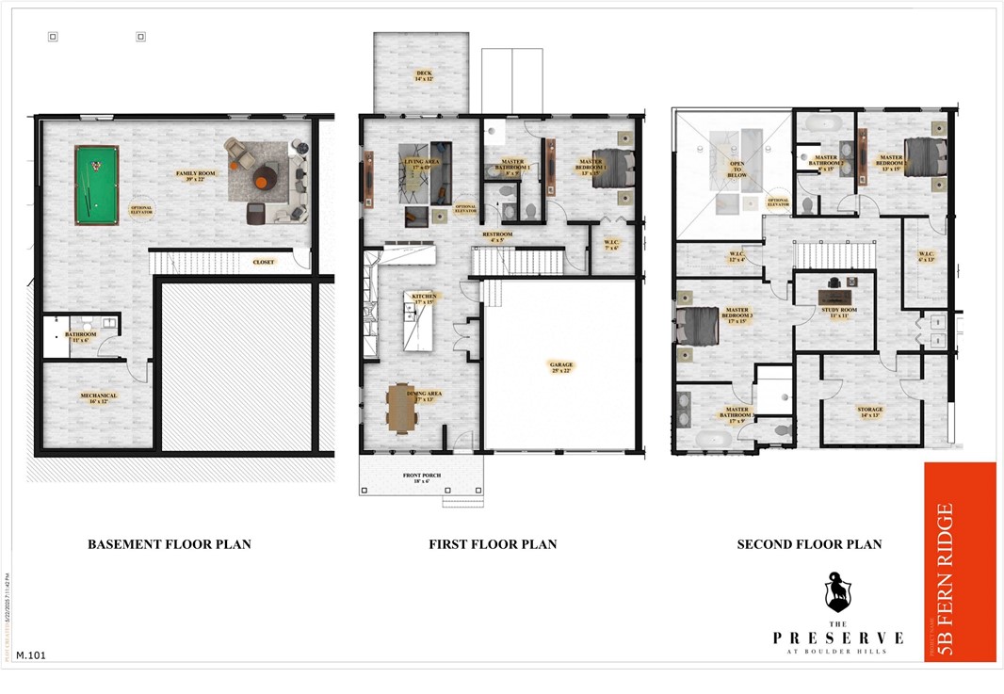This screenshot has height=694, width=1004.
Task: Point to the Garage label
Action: pyautogui.click(x=562, y=366)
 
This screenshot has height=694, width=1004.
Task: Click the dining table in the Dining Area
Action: pyautogui.click(x=401, y=407)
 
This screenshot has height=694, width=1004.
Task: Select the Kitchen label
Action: pyautogui.click(x=422, y=299)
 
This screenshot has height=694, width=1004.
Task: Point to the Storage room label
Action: pyautogui.click(x=869, y=412)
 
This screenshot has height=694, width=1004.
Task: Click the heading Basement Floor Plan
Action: pyautogui.click(x=170, y=544)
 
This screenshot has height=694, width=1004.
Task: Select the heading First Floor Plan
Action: pyautogui.click(x=493, y=544)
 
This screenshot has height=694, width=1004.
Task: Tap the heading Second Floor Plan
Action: pyautogui.click(x=809, y=544)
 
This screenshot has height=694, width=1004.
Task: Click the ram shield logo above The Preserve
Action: pyautogui.click(x=838, y=591)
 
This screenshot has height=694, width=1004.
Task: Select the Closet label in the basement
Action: pyautogui.click(x=264, y=263)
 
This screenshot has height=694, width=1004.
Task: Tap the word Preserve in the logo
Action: pyautogui.click(x=838, y=638)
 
